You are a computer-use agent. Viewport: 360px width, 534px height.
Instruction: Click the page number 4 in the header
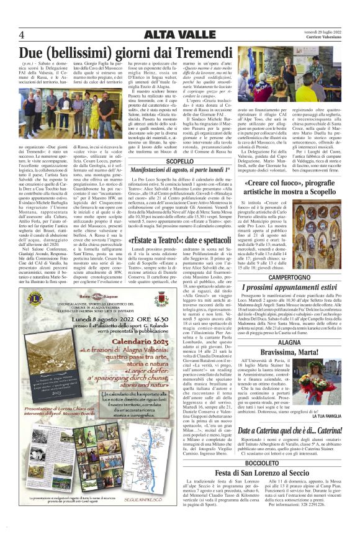[x=22, y=34]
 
